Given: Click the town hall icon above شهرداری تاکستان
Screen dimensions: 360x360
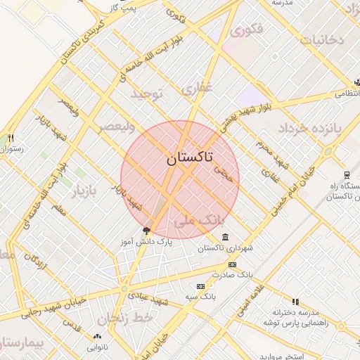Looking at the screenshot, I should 224,237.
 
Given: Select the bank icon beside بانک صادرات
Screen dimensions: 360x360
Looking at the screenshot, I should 233,264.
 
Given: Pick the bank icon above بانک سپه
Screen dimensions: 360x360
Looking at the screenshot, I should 201,287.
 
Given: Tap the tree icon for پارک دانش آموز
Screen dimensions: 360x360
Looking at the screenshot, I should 146,230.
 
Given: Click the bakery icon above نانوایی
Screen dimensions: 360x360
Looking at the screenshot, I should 96,335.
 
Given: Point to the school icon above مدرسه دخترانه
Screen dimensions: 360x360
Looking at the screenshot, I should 295,302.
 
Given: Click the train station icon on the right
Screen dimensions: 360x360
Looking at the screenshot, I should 347,174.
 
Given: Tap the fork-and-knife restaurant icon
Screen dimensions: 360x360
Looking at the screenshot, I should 11,138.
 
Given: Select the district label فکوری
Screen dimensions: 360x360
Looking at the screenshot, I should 247,30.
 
